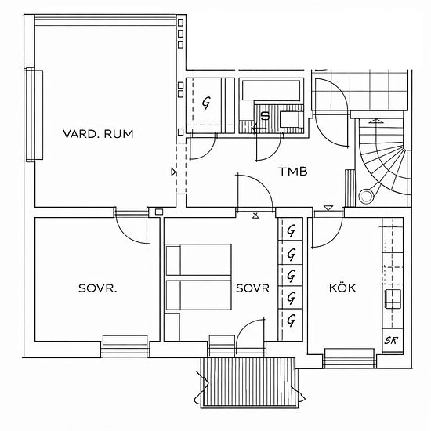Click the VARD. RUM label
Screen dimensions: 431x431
pos(98,134)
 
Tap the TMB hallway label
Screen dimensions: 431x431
pos(293,172)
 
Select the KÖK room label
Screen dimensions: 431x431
pos(342,288)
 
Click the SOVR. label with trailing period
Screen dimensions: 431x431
pos(98,288)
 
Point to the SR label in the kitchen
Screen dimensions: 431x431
pos(391,341)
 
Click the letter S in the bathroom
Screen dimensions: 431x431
pos(265,116)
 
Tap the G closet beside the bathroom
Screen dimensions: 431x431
pos(206,103)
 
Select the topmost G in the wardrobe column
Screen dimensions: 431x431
pos(292,230)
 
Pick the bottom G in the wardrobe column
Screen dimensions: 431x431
pos(292,321)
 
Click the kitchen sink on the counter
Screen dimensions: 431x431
pos(393,299)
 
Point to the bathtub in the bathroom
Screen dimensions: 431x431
pos(271,90)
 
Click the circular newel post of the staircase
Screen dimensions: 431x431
pos(365,196)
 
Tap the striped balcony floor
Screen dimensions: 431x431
pos(248,382)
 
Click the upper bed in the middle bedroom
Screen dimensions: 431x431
pos(198,259)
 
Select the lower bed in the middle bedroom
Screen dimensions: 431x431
pos(198,295)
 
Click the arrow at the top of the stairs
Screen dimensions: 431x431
pos(375,121)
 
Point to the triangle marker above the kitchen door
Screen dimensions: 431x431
pos(328,208)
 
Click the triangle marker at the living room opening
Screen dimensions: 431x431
pos(174,172)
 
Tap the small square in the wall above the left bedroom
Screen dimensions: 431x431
pos(159,212)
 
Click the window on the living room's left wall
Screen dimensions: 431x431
pos(34,115)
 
